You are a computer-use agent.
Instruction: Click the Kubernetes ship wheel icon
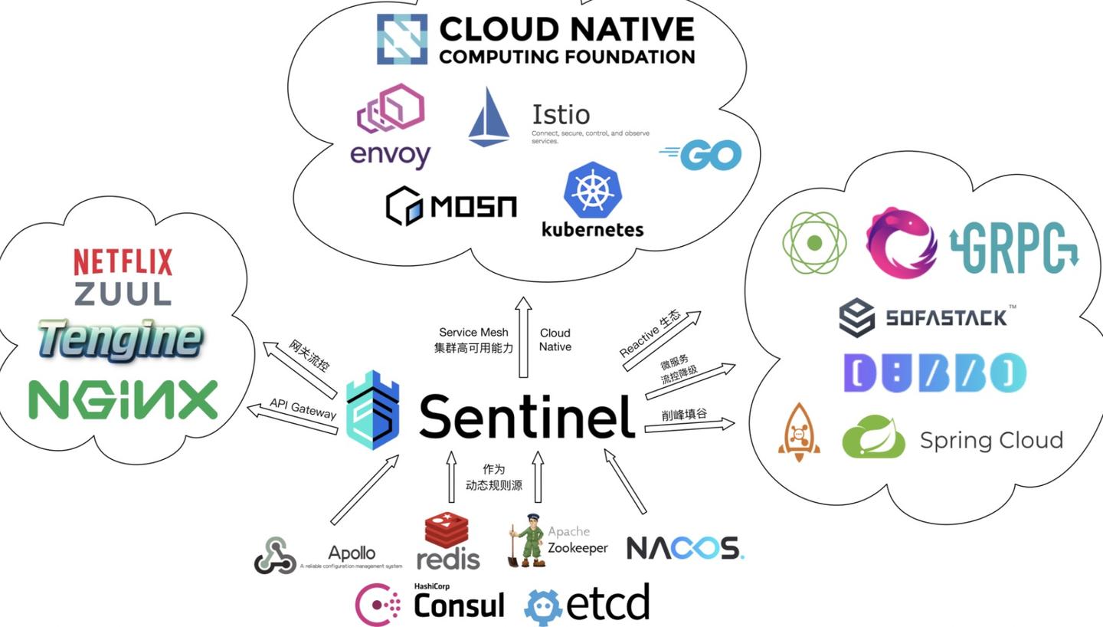[x=592, y=190]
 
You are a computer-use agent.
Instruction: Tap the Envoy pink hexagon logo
[x=391, y=109]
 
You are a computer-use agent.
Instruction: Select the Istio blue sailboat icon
[x=489, y=117]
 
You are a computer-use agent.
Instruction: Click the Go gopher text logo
[x=700, y=155]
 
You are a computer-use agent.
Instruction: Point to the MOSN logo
[x=451, y=206]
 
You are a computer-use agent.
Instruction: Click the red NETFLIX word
[x=123, y=262]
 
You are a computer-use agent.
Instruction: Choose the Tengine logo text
[x=120, y=340]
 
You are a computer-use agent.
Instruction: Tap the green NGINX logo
[x=123, y=399]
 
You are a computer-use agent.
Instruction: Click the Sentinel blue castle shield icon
[x=373, y=409]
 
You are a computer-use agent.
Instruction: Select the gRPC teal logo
[x=1013, y=247]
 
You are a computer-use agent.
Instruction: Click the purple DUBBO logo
[x=934, y=373]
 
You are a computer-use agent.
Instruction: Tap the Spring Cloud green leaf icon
[x=873, y=437]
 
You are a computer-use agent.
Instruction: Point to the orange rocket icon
[x=799, y=432]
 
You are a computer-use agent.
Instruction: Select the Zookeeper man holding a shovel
[x=527, y=541]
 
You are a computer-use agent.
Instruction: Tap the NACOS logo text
[x=685, y=548]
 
